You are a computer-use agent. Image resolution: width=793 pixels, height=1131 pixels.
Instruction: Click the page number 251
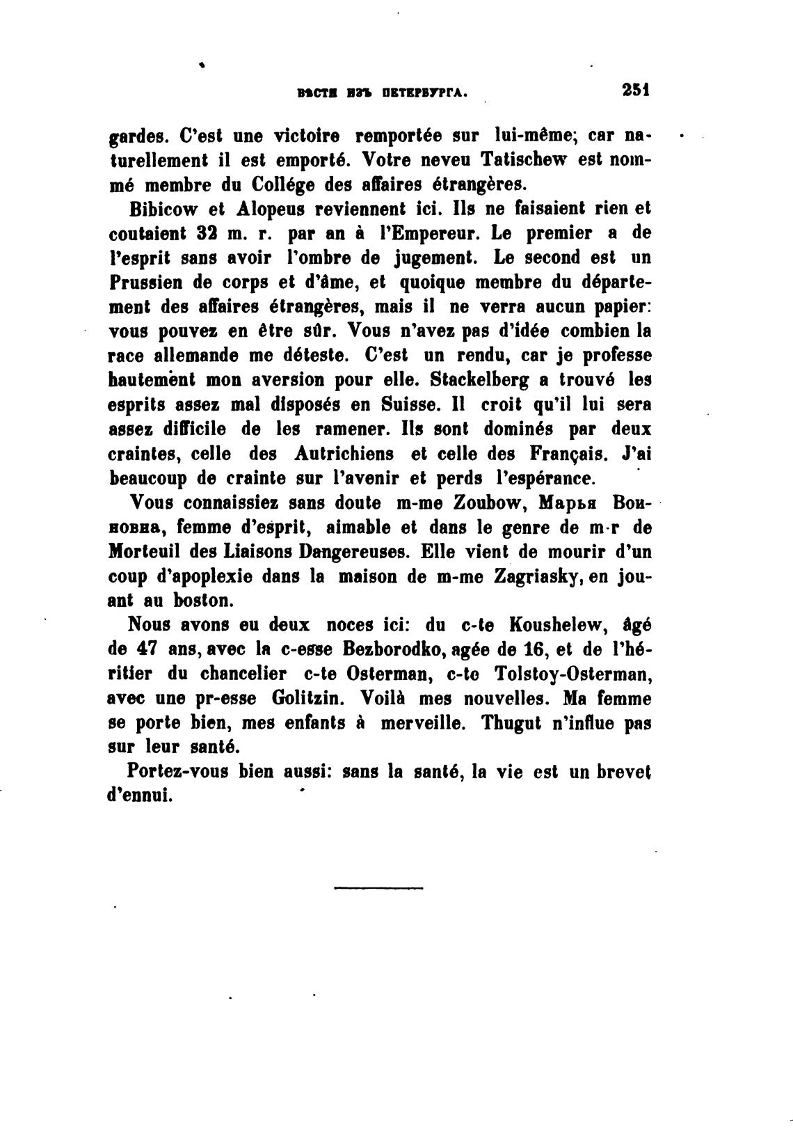click(x=635, y=90)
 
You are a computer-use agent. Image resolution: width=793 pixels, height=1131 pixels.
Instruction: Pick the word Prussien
click(x=147, y=283)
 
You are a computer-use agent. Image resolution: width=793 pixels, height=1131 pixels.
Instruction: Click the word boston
click(x=207, y=601)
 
